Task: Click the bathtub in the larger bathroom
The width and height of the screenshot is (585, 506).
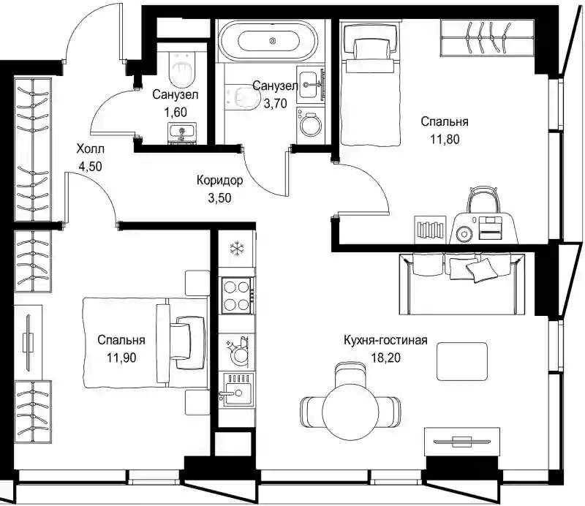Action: tap(268, 40)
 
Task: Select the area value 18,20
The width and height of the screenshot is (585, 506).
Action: tap(385, 358)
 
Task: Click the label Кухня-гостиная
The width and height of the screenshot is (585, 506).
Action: tap(385, 340)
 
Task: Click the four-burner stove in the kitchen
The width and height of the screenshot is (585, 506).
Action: tap(236, 295)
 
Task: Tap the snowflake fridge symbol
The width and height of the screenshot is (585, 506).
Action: tap(236, 249)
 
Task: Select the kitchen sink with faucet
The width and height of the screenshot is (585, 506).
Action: tap(236, 390)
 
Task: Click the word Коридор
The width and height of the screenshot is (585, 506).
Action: tap(220, 180)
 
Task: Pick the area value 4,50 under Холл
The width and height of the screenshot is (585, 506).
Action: tap(90, 166)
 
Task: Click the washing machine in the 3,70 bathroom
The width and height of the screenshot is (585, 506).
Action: tap(310, 125)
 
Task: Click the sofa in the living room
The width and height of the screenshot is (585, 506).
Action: tap(462, 284)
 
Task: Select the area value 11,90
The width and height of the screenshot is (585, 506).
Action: tap(121, 358)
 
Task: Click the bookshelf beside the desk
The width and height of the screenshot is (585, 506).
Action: tap(430, 230)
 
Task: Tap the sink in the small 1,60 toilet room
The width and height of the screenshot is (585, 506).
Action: tap(182, 133)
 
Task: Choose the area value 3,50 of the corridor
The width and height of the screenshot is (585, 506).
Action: tap(220, 197)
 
